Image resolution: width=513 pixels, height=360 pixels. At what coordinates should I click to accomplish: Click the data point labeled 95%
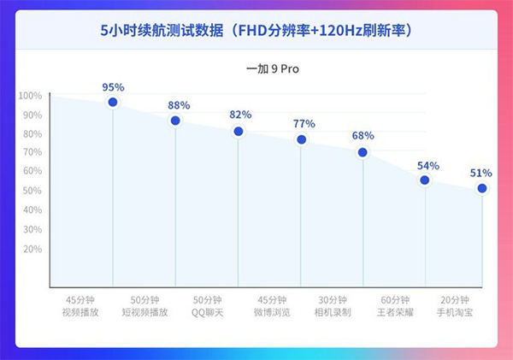113,103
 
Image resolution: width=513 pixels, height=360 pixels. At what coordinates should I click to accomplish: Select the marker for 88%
175,121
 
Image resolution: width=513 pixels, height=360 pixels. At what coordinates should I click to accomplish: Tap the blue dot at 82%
239,132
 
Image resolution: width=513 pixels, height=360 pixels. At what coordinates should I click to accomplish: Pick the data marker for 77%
301,139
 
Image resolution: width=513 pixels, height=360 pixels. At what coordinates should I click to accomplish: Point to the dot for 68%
363,152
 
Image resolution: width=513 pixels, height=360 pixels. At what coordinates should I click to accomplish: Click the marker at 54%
425,180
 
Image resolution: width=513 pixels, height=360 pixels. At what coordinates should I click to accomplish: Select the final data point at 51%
482,188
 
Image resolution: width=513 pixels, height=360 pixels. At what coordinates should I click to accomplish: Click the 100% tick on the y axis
30,96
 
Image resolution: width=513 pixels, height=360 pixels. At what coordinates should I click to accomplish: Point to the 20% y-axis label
32,249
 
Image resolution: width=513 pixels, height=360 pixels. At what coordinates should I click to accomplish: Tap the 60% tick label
32,172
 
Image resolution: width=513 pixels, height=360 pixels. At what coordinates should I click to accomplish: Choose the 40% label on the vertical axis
32,210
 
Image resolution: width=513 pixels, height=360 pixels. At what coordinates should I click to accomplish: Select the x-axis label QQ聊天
207,313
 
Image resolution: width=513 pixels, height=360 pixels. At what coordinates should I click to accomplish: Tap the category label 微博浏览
272,313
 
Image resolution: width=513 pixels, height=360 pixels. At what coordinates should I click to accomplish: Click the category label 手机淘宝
455,313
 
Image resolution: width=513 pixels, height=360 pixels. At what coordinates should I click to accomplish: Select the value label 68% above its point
363,135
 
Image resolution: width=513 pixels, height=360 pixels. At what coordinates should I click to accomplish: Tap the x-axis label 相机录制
332,313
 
